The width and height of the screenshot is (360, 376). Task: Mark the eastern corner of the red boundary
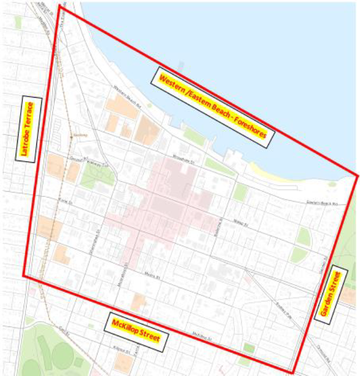point(357,176)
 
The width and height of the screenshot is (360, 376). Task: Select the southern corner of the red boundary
point(294,372)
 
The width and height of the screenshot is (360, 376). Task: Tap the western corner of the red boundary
point(24,275)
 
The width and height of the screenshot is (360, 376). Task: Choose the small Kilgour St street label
point(118,351)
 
